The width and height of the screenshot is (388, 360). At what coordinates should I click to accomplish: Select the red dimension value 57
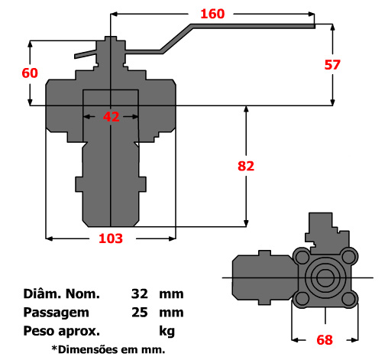[x=332, y=64]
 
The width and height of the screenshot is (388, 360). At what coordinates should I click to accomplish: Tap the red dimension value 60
[x=30, y=73]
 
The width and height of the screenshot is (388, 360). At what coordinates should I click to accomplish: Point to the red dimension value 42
[x=112, y=117]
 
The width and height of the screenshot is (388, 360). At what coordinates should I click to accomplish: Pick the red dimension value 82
[x=246, y=166]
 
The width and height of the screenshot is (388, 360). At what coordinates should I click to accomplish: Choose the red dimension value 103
[x=111, y=238]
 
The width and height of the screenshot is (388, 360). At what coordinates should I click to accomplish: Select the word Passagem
[x=57, y=312]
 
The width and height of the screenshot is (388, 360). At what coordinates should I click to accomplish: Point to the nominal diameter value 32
[x=139, y=294]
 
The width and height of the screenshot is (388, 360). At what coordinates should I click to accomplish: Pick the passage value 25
[x=139, y=312]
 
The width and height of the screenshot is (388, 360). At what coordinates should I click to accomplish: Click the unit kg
[x=167, y=331]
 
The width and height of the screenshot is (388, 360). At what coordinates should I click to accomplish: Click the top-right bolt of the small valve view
[x=349, y=256]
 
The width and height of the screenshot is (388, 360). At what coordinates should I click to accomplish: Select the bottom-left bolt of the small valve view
[x=303, y=299]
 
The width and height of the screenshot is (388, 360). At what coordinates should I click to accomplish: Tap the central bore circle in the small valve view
[x=326, y=277]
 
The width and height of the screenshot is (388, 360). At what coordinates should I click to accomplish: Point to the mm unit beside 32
[x=171, y=294]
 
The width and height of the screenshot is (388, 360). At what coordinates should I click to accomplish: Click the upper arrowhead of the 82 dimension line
[x=246, y=110]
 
